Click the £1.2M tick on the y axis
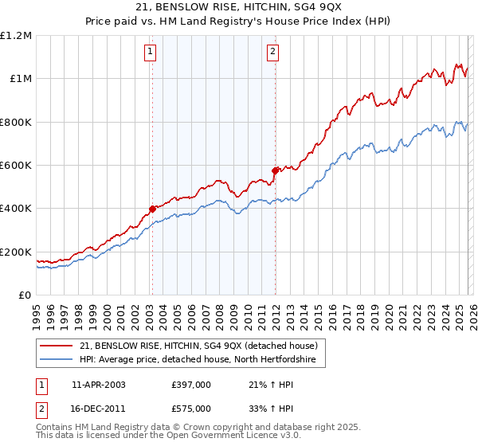click(16, 35)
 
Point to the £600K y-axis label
click(16, 166)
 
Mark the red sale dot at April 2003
click(151, 209)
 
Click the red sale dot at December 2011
click(275, 170)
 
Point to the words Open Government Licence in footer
click(207, 438)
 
